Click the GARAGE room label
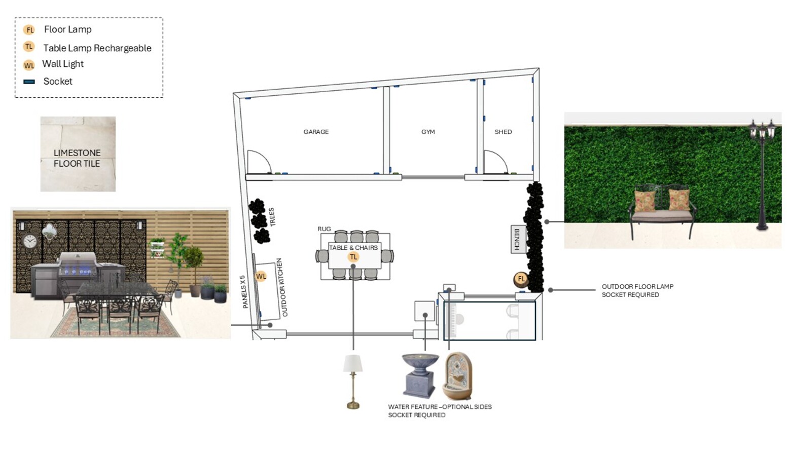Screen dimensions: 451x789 (316, 132)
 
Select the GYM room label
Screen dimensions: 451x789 (428, 132)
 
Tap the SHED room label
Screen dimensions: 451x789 (503, 132)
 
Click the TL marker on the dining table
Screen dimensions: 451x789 (353, 257)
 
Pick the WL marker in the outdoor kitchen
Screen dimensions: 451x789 (261, 276)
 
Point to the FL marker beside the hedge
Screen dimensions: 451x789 (521, 279)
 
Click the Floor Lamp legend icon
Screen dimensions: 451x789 (29, 30)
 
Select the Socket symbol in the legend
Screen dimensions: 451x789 (29, 82)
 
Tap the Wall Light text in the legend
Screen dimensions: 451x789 (63, 64)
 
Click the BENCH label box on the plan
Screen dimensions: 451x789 (517, 239)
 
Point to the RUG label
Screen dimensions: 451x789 (324, 229)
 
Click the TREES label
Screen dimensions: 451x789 (272, 216)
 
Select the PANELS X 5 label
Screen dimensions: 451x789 (244, 292)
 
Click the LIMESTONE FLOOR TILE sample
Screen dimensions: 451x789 (78, 154)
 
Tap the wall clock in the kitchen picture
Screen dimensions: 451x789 (30, 241)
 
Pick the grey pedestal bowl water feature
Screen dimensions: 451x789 (420, 375)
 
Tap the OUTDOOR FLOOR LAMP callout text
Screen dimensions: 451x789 (637, 287)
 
